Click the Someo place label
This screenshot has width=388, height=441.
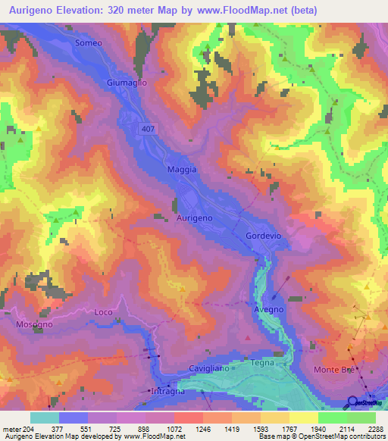(x=89, y=43)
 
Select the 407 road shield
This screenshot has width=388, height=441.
(x=149, y=130)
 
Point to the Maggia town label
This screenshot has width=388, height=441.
(x=182, y=170)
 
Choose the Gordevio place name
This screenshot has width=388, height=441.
(x=264, y=236)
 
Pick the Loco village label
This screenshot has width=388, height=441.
(x=103, y=312)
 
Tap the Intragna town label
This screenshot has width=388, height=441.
(x=168, y=392)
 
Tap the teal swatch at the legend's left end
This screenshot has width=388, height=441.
(x=45, y=418)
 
